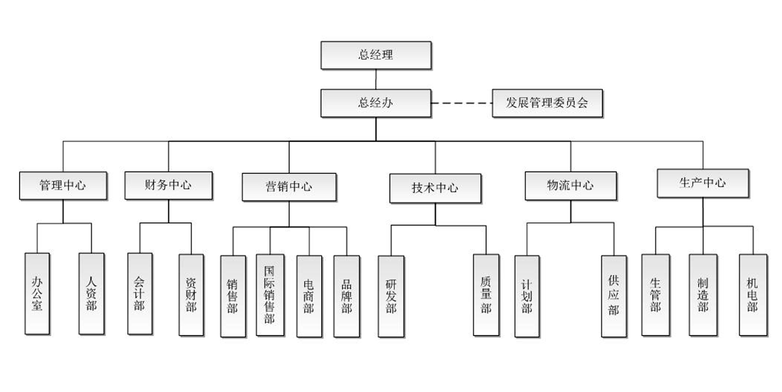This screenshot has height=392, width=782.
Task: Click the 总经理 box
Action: coord(376,55)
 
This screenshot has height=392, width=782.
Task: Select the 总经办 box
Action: coord(376,103)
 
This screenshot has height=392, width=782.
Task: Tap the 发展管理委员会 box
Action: coord(547,103)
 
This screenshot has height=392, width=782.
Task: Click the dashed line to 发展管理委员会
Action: coord(462,103)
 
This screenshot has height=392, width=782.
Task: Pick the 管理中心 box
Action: coord(63,185)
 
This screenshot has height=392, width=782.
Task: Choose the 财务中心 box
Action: coord(168,185)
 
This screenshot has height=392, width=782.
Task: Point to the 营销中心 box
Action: coord(289,187)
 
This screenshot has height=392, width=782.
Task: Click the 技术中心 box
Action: coord(435,188)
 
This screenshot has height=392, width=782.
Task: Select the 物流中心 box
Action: coord(571,185)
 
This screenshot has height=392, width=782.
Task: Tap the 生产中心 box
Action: coord(702,183)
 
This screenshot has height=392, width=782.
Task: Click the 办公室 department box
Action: coord(37,294)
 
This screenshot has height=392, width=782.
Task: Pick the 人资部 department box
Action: coord(91,294)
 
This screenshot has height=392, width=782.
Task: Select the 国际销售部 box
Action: coord(270,295)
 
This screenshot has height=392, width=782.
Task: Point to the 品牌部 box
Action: coord(346,296)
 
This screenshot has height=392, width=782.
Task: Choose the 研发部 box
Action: coord(391,296)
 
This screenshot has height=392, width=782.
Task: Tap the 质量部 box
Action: coord(486,295)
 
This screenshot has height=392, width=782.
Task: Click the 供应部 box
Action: coord(614,296)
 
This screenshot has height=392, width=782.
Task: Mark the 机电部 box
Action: coord(753,295)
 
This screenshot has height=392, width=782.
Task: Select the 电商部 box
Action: coord(309,296)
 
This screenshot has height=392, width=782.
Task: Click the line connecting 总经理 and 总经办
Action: coord(376,79)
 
